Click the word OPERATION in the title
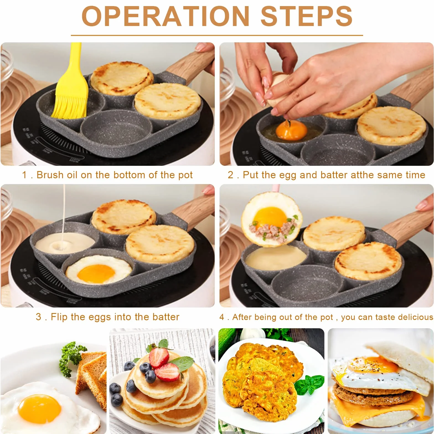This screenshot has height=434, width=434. point(166,17)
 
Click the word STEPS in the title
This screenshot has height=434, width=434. point(307,17)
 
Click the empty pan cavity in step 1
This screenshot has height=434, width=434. point(116,130)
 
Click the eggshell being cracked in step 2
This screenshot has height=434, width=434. point(277,89)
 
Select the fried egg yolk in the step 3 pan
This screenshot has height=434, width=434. point(96,274)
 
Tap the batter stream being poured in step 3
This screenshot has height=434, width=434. point(64,213)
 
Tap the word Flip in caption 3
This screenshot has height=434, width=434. point(59,317)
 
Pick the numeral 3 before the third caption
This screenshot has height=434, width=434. point(38,317)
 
